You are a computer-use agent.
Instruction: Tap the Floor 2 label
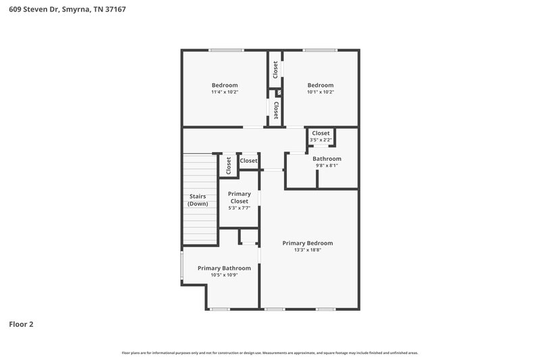coord(21,324)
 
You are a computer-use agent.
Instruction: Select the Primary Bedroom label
coord(307,243)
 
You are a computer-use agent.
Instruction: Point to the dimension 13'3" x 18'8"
coord(307,250)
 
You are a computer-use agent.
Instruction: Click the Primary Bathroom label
coord(224,268)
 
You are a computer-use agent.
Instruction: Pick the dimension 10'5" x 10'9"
coord(224,275)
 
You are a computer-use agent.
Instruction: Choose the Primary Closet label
coord(239,197)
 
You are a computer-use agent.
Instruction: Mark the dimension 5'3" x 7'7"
coord(239,208)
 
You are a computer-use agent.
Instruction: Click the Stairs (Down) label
coord(198,200)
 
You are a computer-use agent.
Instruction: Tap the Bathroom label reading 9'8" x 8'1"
coord(327,159)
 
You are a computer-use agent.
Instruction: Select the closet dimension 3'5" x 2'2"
coord(321,140)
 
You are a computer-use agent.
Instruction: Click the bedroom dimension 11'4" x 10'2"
coord(225,92)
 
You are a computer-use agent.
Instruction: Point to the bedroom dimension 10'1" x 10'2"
coord(321,92)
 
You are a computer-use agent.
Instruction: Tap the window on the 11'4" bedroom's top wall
coord(225,50)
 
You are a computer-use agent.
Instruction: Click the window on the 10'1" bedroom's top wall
coord(320,50)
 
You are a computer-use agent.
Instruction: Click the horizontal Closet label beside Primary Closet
coord(248,161)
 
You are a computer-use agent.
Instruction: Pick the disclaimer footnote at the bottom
coord(270,353)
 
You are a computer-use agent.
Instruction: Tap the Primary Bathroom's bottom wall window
coord(219,309)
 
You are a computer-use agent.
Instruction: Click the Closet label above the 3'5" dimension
coord(321,133)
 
